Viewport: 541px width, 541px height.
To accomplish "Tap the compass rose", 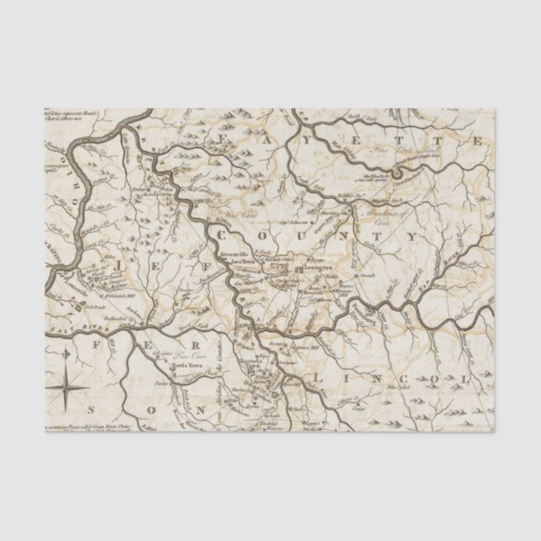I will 66,386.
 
